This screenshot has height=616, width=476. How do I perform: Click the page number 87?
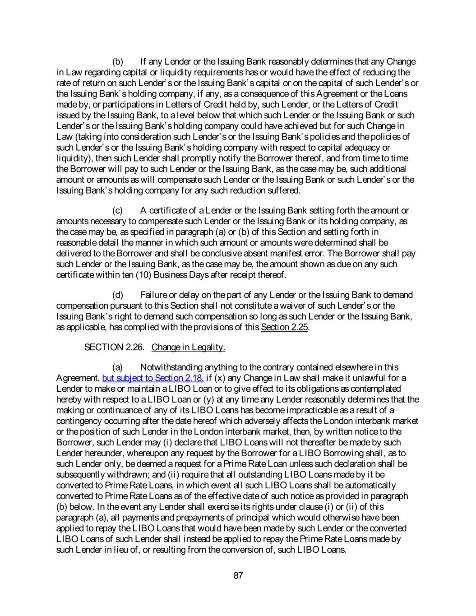click(239, 575)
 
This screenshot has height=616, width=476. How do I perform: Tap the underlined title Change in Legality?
click(188, 347)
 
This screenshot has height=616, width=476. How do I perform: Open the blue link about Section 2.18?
click(153, 378)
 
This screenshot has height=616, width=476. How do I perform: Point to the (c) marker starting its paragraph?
click(117, 210)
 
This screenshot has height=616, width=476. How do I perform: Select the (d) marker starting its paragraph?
click(117, 295)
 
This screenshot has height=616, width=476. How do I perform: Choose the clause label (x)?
click(219, 378)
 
